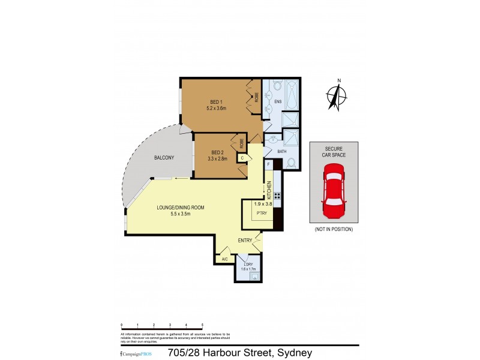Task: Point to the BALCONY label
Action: tap(164, 158)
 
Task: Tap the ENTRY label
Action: tap(244, 241)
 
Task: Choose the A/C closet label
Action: tap(224, 259)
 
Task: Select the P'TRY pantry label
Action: tap(262, 213)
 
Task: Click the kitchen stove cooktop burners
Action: tap(278, 196)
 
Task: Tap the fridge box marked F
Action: tap(268, 164)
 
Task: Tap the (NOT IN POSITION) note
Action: tap(334, 229)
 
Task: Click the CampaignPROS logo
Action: tap(137, 354)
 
